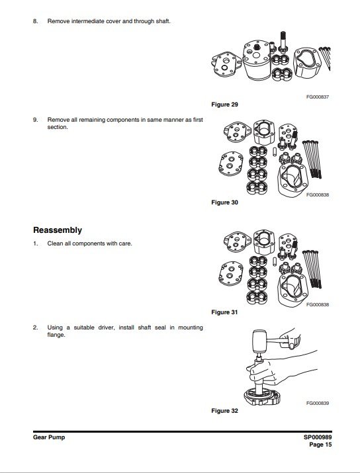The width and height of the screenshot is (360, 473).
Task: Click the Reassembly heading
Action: click(x=58, y=230)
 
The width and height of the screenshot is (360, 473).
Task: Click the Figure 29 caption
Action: click(x=224, y=105)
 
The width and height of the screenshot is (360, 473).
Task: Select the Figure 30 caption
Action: click(x=224, y=202)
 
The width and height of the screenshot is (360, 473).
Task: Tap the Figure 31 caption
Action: click(x=224, y=312)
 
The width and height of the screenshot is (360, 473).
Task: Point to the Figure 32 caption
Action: click(x=224, y=411)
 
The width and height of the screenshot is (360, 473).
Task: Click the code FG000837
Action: click(x=318, y=97)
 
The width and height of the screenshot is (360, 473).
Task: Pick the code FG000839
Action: click(x=318, y=404)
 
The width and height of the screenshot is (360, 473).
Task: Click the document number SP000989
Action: click(x=318, y=437)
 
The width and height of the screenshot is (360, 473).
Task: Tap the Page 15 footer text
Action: click(x=320, y=445)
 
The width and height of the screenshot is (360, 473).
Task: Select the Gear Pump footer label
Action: click(x=49, y=437)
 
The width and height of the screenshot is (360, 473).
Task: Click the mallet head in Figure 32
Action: click(x=259, y=341)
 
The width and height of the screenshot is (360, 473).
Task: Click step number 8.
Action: click(x=36, y=21)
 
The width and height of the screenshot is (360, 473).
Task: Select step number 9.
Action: click(x=36, y=120)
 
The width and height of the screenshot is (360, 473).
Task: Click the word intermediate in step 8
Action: click(x=88, y=21)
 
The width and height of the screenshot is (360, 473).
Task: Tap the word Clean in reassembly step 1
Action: click(x=55, y=243)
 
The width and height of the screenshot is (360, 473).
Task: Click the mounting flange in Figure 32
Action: click(x=262, y=396)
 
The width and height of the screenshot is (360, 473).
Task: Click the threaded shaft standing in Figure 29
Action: click(x=283, y=42)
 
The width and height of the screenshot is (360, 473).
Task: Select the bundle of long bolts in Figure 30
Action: click(x=312, y=159)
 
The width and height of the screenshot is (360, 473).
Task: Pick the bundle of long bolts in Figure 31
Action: click(x=312, y=269)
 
